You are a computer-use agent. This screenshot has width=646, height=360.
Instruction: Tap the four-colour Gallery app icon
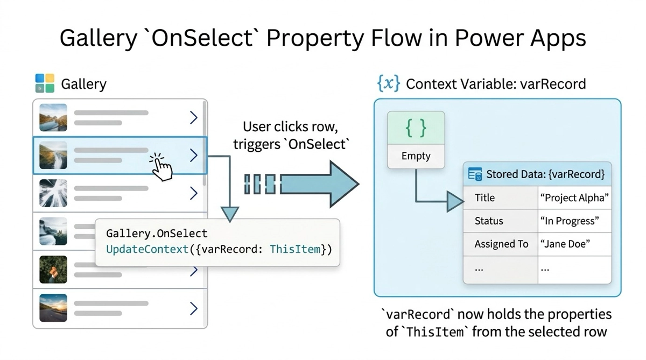(x=45, y=83)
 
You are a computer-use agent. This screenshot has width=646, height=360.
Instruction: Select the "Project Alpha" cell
(x=574, y=197)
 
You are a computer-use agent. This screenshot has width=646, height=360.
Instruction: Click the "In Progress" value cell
(x=568, y=221)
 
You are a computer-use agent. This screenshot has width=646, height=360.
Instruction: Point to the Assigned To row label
(x=501, y=244)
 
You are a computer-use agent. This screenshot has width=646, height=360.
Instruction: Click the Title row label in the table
(x=484, y=197)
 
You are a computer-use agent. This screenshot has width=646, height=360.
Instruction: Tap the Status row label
(x=489, y=221)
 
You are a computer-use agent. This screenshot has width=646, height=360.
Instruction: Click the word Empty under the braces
(x=416, y=156)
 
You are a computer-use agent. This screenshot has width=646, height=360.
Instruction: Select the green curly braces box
(x=416, y=128)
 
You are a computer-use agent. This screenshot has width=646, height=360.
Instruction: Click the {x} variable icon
(x=389, y=83)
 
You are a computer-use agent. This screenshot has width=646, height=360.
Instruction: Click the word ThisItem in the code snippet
(x=294, y=249)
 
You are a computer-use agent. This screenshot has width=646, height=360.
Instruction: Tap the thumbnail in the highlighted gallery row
(x=53, y=155)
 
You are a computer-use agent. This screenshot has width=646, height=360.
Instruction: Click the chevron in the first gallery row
(x=193, y=118)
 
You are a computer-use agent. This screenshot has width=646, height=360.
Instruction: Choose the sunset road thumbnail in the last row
(x=53, y=308)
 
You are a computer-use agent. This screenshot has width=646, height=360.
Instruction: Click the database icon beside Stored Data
(x=475, y=174)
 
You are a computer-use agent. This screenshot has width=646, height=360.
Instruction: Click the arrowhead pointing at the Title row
(x=455, y=202)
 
